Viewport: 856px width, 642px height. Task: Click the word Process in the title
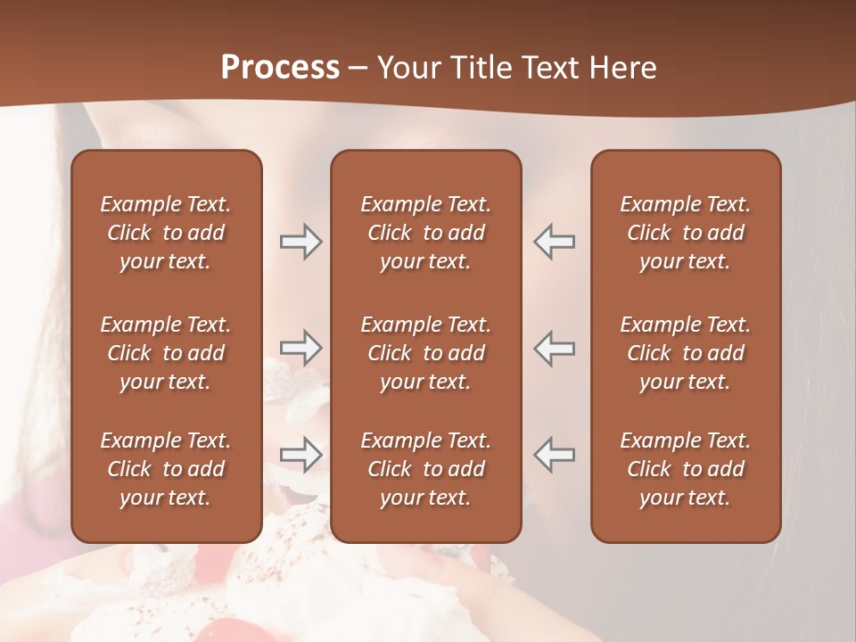[280, 68]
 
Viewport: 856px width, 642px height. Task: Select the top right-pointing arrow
[301, 242]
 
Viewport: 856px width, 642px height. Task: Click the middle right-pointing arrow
[301, 348]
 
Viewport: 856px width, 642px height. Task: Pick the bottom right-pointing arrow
[301, 454]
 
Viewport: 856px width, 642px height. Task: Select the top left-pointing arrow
[554, 242]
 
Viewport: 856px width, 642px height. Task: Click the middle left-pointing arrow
[554, 348]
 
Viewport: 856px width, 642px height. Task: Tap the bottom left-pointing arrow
[554, 454]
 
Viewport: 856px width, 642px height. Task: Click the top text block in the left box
[166, 233]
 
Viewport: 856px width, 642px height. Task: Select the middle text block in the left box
[166, 353]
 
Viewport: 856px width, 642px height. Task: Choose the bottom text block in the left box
[166, 469]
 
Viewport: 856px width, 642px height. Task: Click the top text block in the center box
[425, 233]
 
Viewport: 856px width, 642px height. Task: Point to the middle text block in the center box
[425, 353]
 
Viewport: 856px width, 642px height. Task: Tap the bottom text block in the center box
[425, 469]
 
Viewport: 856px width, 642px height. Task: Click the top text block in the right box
[685, 233]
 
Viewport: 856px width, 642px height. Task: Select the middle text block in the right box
[685, 353]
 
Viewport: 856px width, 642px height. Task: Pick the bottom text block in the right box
[685, 469]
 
